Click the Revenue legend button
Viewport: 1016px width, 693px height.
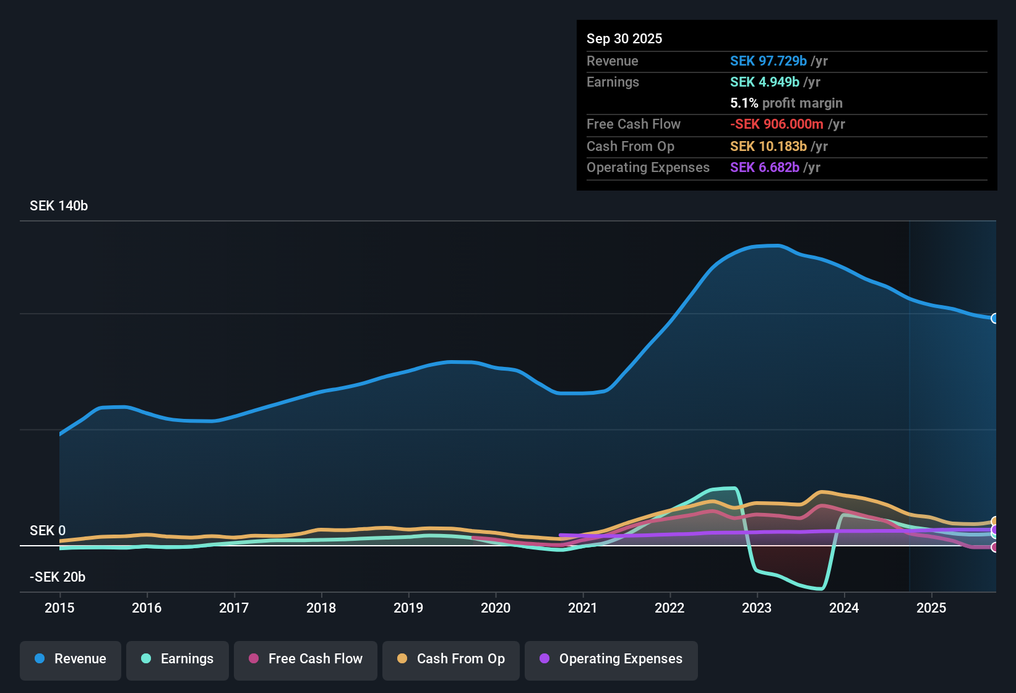[71, 659]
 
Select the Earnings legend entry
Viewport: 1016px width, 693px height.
[177, 659]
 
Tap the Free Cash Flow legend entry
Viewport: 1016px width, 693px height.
[306, 659]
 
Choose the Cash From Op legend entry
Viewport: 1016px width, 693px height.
[451, 659]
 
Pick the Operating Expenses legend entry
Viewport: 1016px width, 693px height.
[611, 659]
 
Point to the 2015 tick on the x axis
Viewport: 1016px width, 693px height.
[59, 608]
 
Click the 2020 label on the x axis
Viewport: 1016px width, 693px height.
[496, 608]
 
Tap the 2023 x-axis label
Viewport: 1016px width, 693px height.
[757, 608]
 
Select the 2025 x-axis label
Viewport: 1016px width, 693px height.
[931, 608]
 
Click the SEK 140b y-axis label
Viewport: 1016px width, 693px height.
[59, 206]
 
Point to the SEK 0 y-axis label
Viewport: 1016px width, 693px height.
[48, 531]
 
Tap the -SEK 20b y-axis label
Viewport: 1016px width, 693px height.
[58, 577]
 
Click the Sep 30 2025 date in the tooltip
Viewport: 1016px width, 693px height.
[624, 39]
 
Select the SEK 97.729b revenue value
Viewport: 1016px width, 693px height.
[768, 61]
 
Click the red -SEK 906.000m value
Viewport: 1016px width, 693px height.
[777, 124]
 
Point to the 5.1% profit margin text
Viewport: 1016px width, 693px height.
[786, 103]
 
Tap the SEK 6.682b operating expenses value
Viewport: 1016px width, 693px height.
[765, 168]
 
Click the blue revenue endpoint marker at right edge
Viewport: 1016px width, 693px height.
[994, 319]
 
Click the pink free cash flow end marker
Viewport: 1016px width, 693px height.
[994, 548]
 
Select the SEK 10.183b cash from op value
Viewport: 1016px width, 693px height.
[768, 147]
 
